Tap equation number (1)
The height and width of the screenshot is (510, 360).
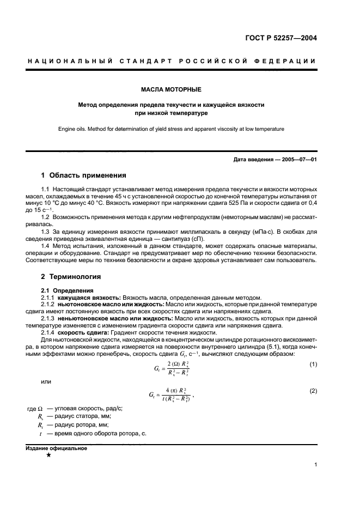[313, 363]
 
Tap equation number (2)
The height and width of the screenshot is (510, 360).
[313, 391]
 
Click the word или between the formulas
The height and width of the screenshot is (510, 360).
[46, 381]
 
